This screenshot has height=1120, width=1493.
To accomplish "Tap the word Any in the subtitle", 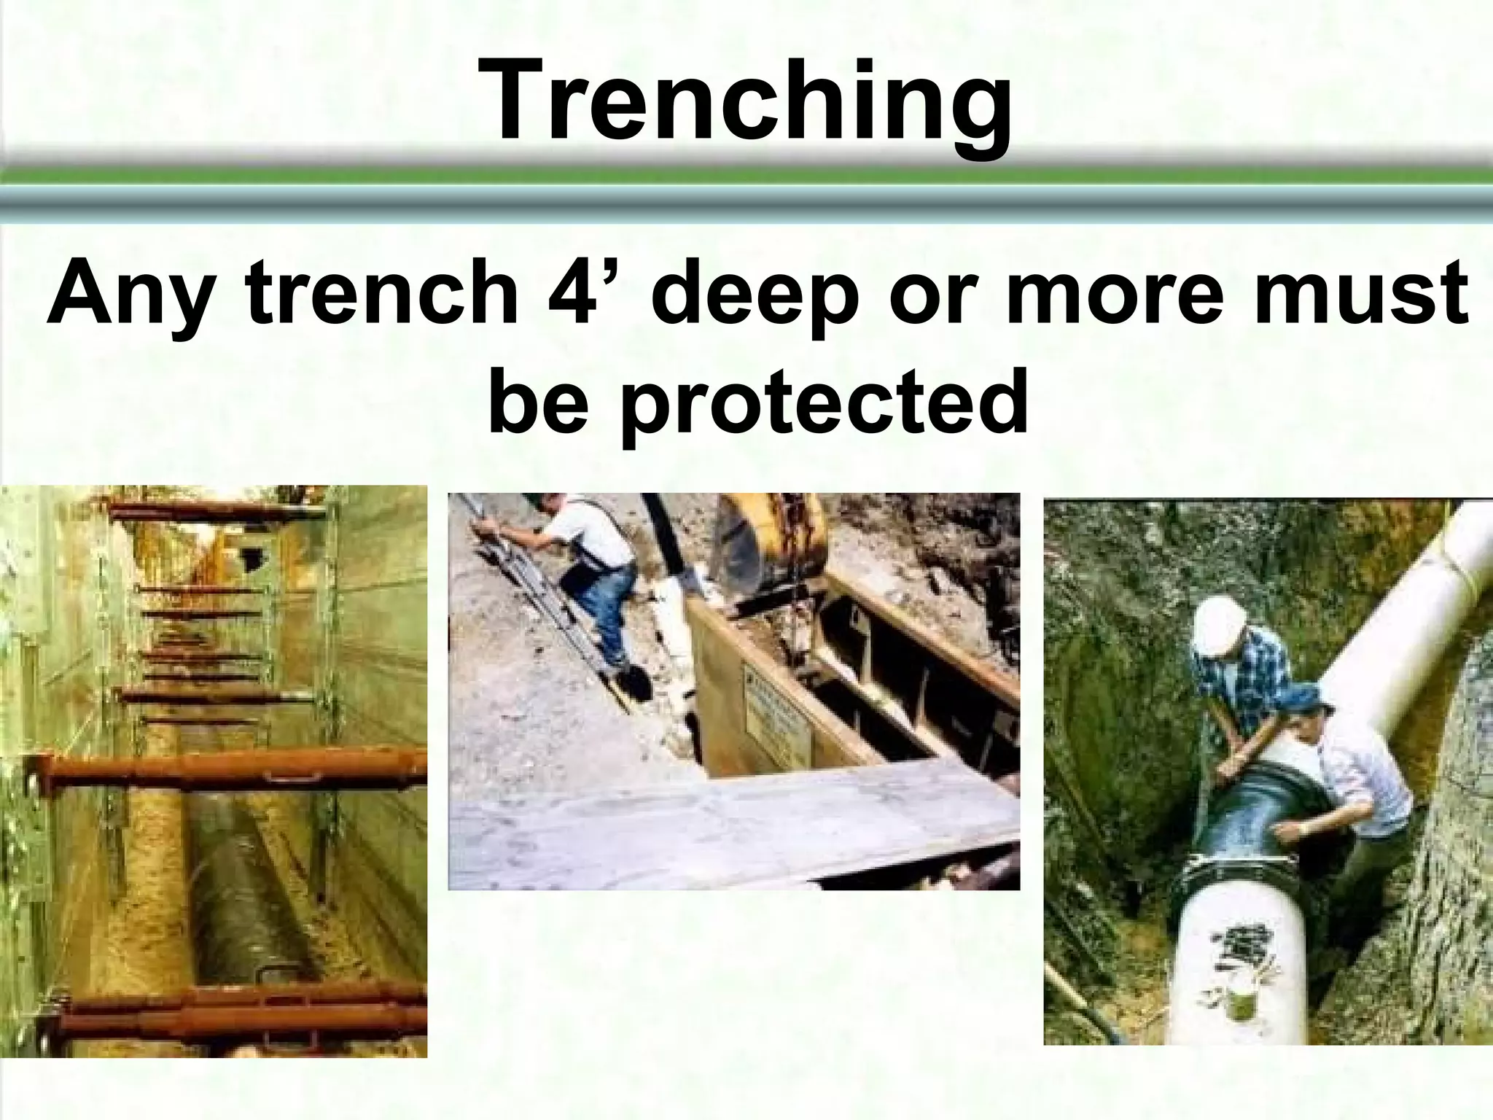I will point(124,299).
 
